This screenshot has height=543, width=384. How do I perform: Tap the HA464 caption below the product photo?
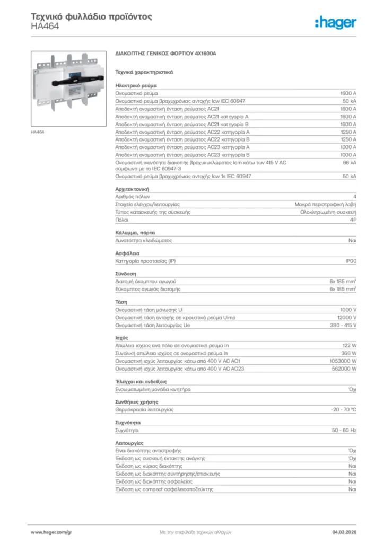[x=38, y=132]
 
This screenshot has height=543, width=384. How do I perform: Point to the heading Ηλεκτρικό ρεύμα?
[x=136, y=85]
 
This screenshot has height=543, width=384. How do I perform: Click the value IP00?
[x=351, y=261]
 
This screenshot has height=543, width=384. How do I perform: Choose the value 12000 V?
[x=346, y=318]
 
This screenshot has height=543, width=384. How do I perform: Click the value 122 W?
[x=349, y=345]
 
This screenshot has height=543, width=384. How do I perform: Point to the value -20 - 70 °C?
[x=343, y=409]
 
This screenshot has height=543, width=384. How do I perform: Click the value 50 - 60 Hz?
[x=344, y=430]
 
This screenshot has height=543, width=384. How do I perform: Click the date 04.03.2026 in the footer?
[x=343, y=531]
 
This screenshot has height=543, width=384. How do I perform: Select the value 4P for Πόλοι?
[x=353, y=219]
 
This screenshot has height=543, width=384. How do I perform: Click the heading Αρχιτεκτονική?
[x=132, y=189]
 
